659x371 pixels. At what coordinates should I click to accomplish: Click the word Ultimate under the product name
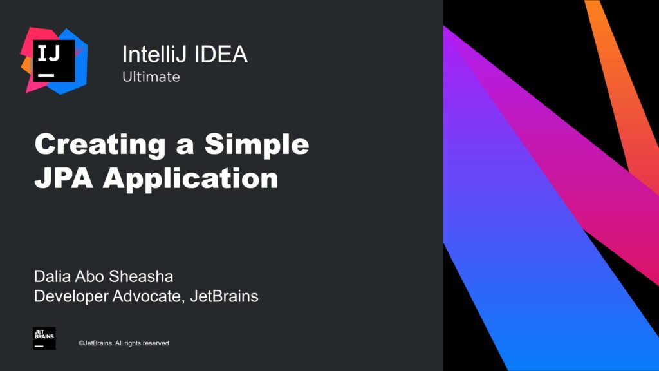click(151, 77)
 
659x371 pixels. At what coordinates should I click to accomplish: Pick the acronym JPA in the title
click(63, 178)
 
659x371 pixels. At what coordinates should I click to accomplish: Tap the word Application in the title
click(190, 178)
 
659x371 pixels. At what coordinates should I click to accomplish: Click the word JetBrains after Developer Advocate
click(225, 297)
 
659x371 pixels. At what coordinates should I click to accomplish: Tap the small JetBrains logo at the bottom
click(44, 338)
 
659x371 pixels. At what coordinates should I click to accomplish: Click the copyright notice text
click(124, 343)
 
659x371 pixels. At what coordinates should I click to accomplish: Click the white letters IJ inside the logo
click(50, 53)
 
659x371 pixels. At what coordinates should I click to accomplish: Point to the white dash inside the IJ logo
click(46, 75)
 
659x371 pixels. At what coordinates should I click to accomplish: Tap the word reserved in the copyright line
click(156, 343)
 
